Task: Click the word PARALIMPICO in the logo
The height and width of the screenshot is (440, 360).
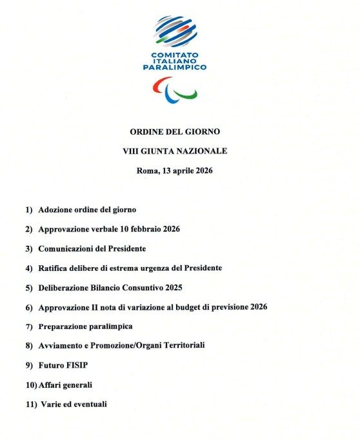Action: pos(175,67)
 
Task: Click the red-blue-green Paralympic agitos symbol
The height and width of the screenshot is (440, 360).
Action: pos(175,90)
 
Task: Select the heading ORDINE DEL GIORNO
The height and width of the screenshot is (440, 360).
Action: pos(175,131)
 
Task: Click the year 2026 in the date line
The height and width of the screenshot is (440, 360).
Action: pos(203,171)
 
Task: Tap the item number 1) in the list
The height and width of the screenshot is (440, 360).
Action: pos(29,210)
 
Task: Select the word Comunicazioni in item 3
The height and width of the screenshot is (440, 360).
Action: pos(65,248)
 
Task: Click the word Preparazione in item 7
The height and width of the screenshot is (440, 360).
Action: pos(63,326)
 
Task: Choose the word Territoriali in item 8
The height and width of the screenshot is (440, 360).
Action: pos(183,346)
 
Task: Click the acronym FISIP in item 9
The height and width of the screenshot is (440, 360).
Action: pos(78,365)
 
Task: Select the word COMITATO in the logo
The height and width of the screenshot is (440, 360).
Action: pos(174,55)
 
